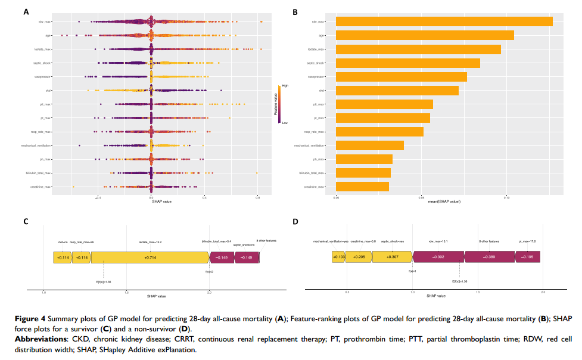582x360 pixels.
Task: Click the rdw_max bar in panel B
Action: pos(444,21)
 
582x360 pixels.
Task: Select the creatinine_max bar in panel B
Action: pos(362,187)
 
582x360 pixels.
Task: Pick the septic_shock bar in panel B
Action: pos(407,63)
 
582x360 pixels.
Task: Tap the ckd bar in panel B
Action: pos(397,91)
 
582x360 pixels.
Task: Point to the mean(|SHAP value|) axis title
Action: pos(444,201)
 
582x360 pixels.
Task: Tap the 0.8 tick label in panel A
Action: pos(257,196)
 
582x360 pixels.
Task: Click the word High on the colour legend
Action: pos(285,86)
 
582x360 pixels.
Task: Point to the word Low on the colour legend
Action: pos(285,123)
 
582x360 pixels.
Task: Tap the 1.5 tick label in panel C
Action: pos(126,293)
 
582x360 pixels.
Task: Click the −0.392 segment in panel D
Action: pos(439,257)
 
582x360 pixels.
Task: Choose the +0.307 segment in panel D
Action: pos(392,257)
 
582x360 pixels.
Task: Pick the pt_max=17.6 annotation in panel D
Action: pos(527,241)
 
